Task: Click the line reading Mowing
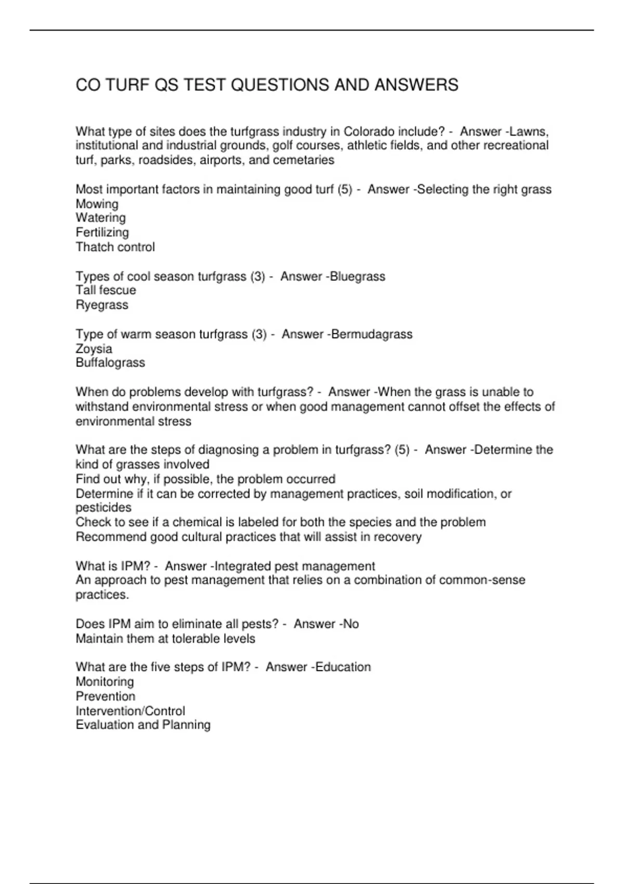97,204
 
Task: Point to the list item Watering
100,218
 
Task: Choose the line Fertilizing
102,232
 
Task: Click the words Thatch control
115,247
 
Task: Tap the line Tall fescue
106,290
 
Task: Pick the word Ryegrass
102,305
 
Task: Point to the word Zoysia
94,348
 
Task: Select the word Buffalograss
110,362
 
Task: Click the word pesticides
103,508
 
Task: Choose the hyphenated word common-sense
482,580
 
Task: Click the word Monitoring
105,682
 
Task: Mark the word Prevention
105,696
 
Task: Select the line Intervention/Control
130,711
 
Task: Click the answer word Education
343,667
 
